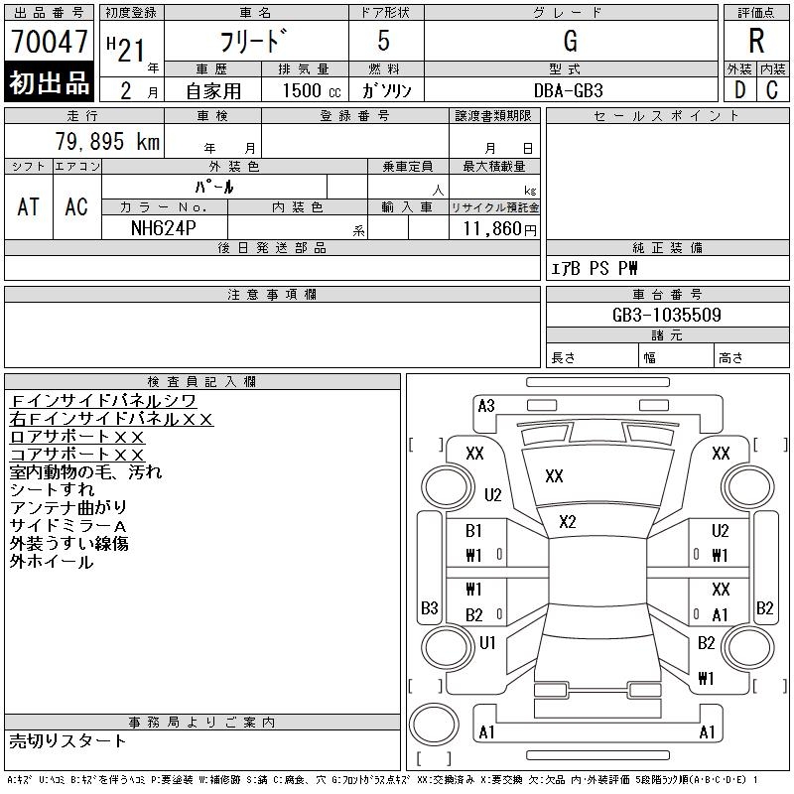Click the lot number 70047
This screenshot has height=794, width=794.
tap(49, 43)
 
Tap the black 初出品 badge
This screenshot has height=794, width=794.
tap(49, 83)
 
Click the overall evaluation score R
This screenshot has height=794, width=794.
tap(756, 42)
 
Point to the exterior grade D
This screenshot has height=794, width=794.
tap(739, 89)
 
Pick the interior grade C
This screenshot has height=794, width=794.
tap(772, 89)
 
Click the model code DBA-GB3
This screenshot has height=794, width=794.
tap(570, 90)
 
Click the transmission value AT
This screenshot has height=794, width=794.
tap(29, 206)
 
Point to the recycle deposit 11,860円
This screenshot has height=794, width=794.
tap(493, 228)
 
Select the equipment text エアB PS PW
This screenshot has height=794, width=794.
tap(595, 268)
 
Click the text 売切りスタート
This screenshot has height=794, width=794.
tap(67, 740)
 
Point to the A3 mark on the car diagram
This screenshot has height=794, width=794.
tap(486, 405)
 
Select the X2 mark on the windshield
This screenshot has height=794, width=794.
tap(568, 522)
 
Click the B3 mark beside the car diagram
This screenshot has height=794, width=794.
tap(429, 607)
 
